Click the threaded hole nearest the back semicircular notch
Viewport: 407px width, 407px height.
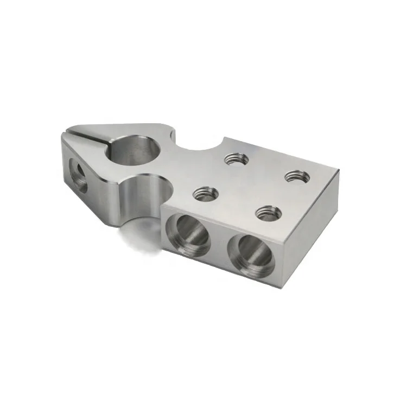tap(237, 159)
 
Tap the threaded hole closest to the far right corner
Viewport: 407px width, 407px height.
tap(297, 176)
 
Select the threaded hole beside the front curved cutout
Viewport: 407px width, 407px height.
tap(206, 193)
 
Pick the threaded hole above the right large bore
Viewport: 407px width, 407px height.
tap(269, 212)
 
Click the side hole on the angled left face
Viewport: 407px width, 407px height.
tap(78, 175)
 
